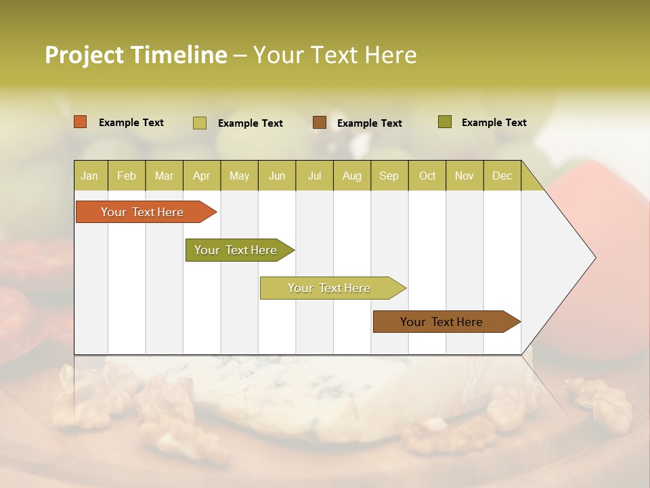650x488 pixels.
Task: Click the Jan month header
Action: point(89,176)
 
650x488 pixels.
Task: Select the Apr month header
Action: point(201,176)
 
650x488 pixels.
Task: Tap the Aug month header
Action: point(351,176)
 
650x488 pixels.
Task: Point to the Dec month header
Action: point(502,176)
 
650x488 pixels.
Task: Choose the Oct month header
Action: point(427,176)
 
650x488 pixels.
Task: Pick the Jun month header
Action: point(276,176)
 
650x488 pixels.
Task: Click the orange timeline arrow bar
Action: point(142,212)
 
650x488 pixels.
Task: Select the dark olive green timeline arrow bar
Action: point(236,250)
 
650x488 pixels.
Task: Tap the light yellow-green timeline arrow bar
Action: point(329,288)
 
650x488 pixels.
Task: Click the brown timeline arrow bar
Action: point(441,322)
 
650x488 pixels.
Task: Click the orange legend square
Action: point(80,122)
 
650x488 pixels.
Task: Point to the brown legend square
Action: point(320,122)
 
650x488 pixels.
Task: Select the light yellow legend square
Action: point(199,123)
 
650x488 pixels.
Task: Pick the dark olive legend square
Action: point(444,122)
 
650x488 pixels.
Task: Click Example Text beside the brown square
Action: point(369,123)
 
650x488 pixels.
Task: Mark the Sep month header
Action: point(389,176)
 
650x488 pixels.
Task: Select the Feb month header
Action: point(126,176)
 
